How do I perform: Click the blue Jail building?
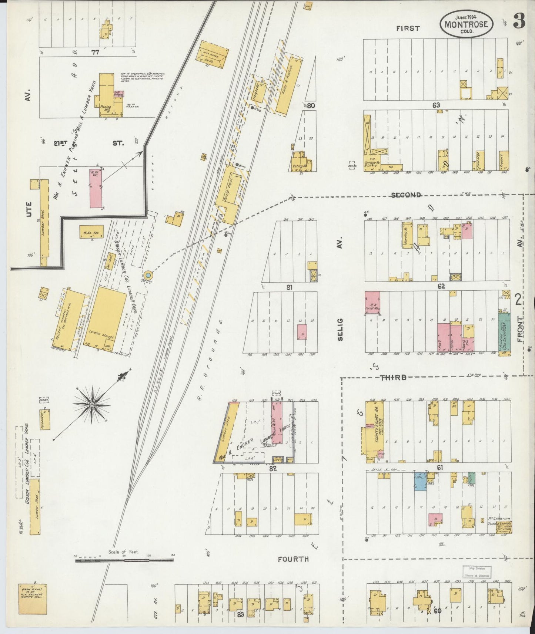[420, 481]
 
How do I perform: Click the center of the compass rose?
[91, 405]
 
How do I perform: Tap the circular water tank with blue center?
[148, 275]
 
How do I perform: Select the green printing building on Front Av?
[504, 332]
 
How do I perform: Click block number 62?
[440, 286]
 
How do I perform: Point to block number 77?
[95, 53]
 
